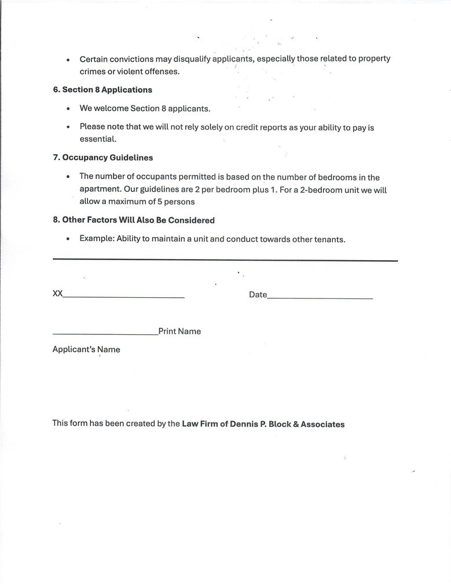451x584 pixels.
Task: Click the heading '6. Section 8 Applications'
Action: [x=102, y=90]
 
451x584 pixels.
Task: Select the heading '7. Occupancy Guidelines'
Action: [x=103, y=158]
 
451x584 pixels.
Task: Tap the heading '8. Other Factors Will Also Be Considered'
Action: [x=134, y=220]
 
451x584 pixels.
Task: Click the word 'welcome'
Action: [x=111, y=108]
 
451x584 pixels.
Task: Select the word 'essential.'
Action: [x=98, y=139]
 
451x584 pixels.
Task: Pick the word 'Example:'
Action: [x=97, y=239]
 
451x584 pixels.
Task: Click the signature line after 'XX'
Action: [x=123, y=297]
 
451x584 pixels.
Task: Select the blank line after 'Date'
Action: [x=320, y=298]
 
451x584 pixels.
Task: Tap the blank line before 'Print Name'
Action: [x=105, y=334]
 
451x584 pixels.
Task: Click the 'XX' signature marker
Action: [x=57, y=294]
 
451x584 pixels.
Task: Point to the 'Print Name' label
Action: [x=179, y=331]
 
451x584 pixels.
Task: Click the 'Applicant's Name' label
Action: [x=86, y=349]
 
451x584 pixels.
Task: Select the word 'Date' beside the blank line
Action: [x=258, y=294]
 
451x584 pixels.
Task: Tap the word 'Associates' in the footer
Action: [x=322, y=424]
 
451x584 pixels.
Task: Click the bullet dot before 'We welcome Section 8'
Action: [x=68, y=109]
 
